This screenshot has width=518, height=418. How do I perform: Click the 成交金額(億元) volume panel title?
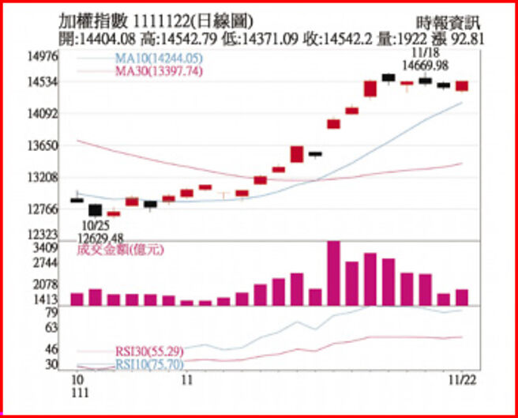click(120, 250)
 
